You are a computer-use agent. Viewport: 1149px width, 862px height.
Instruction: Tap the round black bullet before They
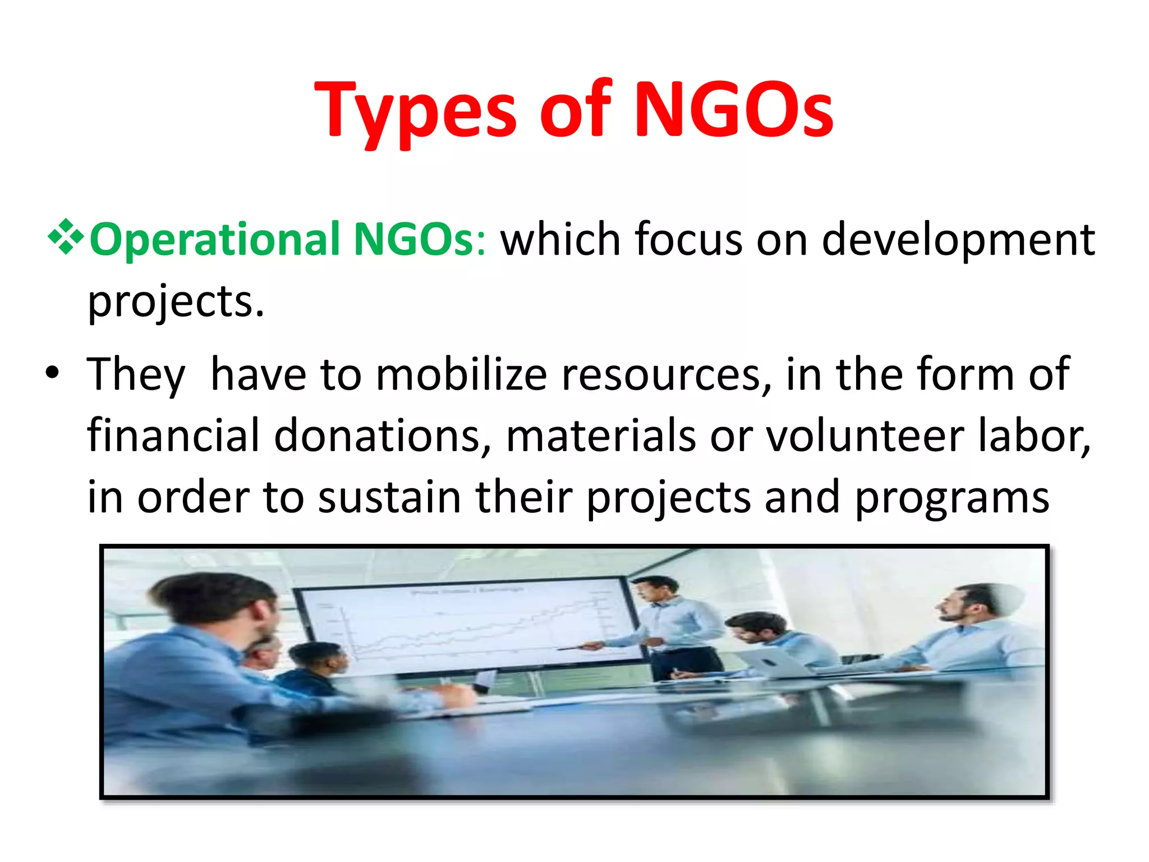(x=52, y=373)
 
